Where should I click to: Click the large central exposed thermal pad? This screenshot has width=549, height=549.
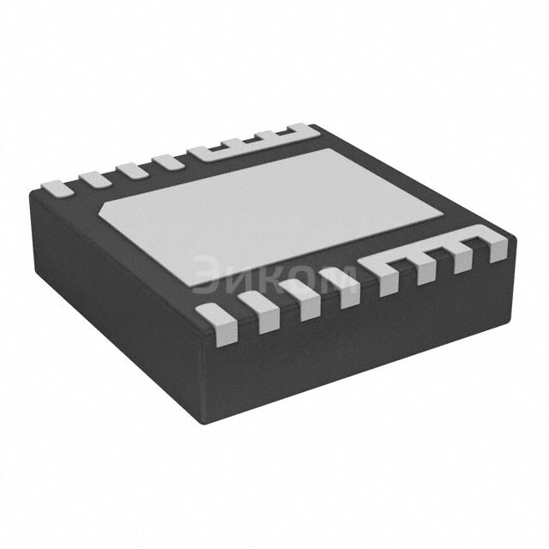tap(270, 217)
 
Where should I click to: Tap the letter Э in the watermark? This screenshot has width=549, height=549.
tap(207, 274)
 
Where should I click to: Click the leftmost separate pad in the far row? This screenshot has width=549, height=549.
tap(57, 189)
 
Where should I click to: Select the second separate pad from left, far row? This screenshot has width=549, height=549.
tap(95, 180)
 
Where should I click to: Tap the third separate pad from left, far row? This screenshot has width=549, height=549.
tap(132, 172)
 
